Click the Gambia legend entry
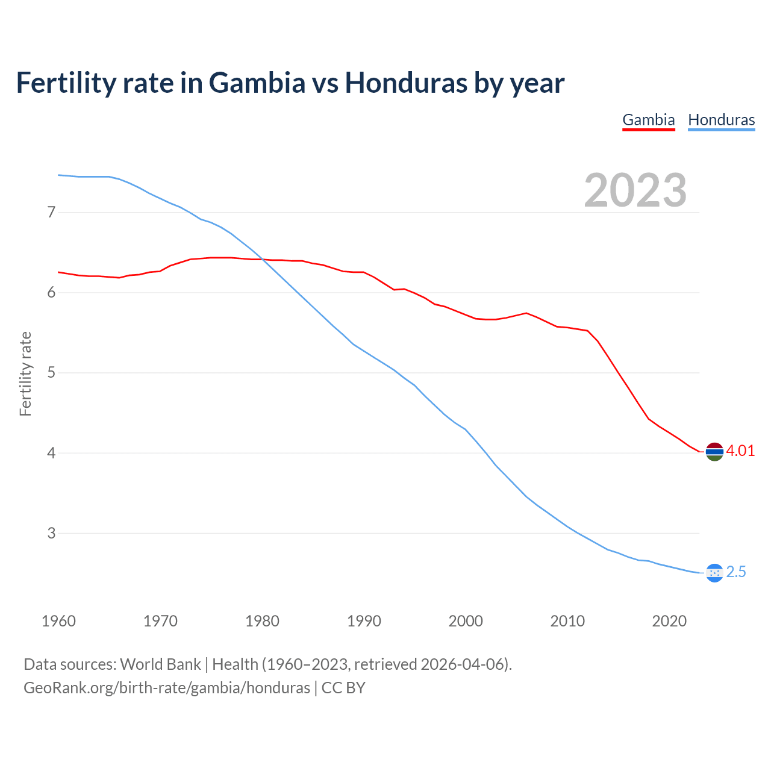tap(648, 120)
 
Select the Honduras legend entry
tap(721, 120)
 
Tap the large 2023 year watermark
tap(635, 190)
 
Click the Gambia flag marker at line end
tap(714, 451)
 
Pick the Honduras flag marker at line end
tap(714, 572)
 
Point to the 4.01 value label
tap(740, 451)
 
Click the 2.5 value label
tap(736, 572)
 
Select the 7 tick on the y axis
tap(51, 212)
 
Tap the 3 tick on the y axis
tap(51, 533)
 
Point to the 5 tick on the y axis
tap(51, 373)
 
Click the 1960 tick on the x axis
tap(58, 621)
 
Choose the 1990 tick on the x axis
tap(364, 621)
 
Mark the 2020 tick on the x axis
tap(669, 621)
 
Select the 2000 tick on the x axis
tap(466, 621)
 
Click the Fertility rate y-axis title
tap(25, 373)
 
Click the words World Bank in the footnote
tap(160, 664)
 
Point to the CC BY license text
tap(343, 688)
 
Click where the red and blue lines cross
tap(263, 260)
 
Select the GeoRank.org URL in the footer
tap(167, 688)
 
